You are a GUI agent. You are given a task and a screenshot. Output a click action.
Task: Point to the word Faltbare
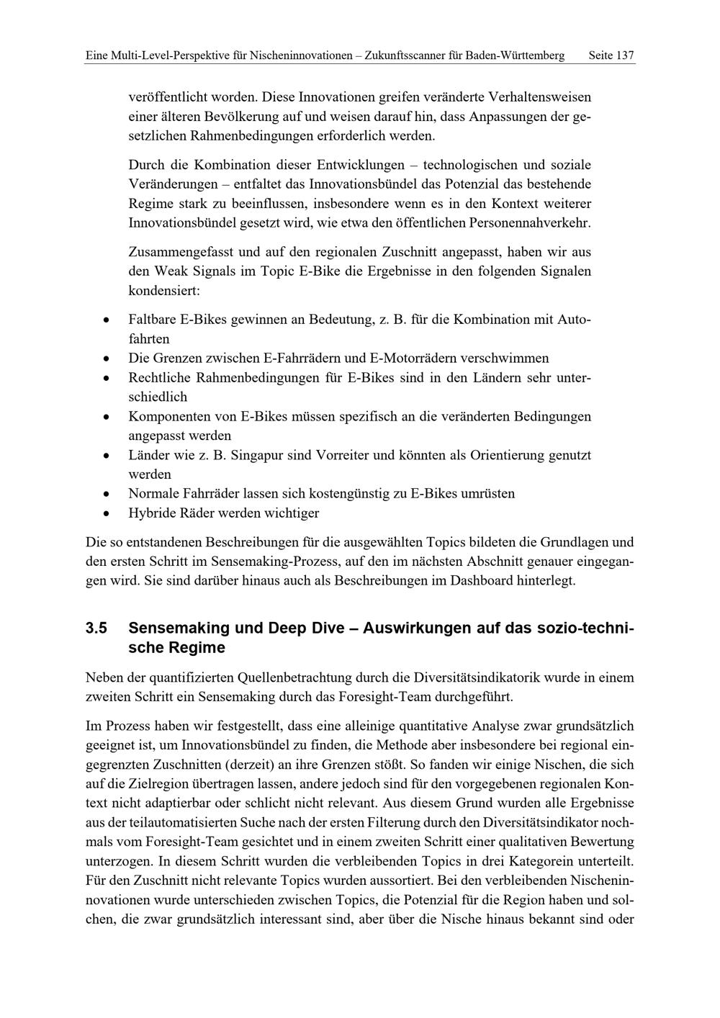[152, 319]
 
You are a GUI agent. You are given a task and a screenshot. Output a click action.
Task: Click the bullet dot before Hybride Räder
[107, 514]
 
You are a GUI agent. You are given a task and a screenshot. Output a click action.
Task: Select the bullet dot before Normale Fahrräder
[107, 495]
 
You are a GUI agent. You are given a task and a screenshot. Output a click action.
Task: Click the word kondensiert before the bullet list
[163, 291]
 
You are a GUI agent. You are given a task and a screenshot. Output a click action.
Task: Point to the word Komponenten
[168, 416]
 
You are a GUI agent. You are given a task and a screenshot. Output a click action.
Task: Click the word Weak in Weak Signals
[169, 271]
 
